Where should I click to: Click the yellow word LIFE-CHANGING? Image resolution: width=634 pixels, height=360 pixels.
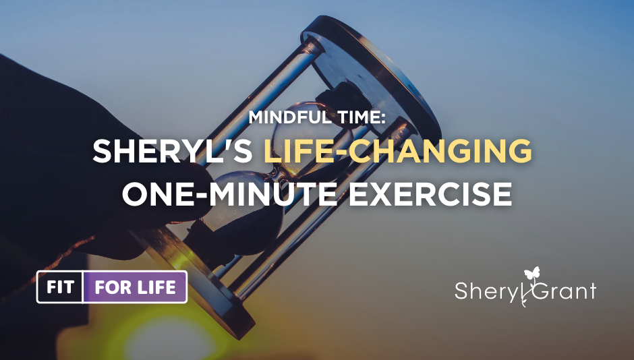[397, 152]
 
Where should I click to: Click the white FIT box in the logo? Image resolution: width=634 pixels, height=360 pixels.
[60, 287]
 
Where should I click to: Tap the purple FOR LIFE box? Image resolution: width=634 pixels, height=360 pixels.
[135, 287]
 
